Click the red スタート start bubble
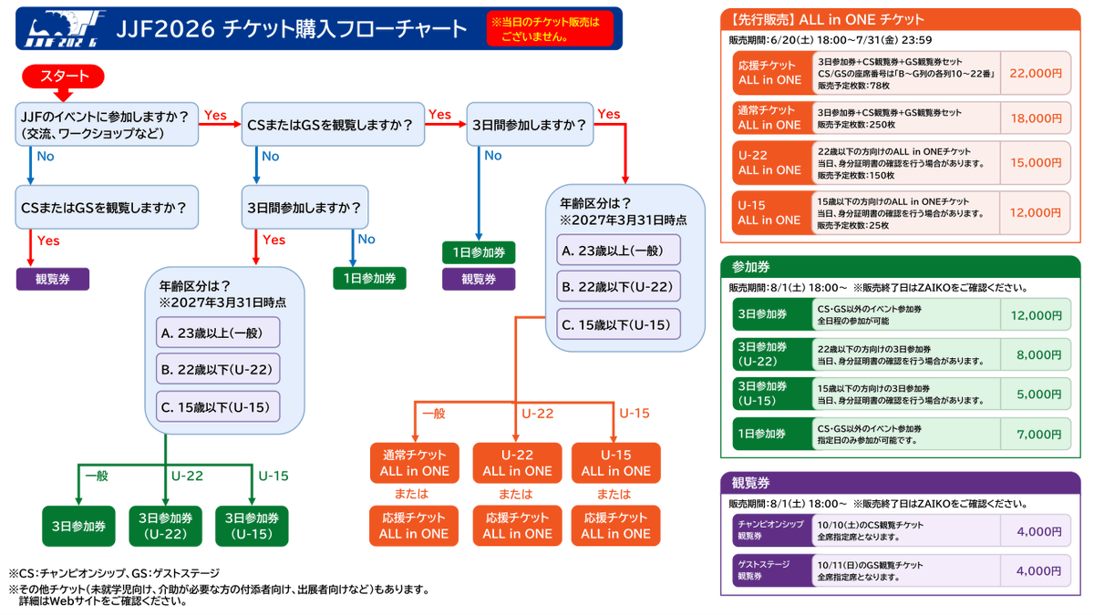tap(63, 77)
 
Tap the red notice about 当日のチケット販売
tap(550, 29)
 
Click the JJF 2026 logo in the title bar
tap(65, 28)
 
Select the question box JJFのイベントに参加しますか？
tap(107, 124)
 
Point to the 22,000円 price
tap(1036, 73)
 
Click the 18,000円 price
tap(1036, 118)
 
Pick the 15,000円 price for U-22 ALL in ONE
tap(1036, 162)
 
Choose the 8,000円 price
tap(1039, 354)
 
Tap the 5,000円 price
tap(1039, 395)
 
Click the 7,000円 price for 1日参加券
tap(1039, 435)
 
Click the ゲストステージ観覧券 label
tap(763, 570)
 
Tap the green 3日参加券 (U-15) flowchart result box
tap(252, 526)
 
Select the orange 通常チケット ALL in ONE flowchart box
tap(414, 463)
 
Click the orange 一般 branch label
tap(434, 414)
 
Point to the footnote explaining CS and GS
tap(114, 573)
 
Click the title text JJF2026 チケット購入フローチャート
tap(292, 29)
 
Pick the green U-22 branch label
tap(187, 476)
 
